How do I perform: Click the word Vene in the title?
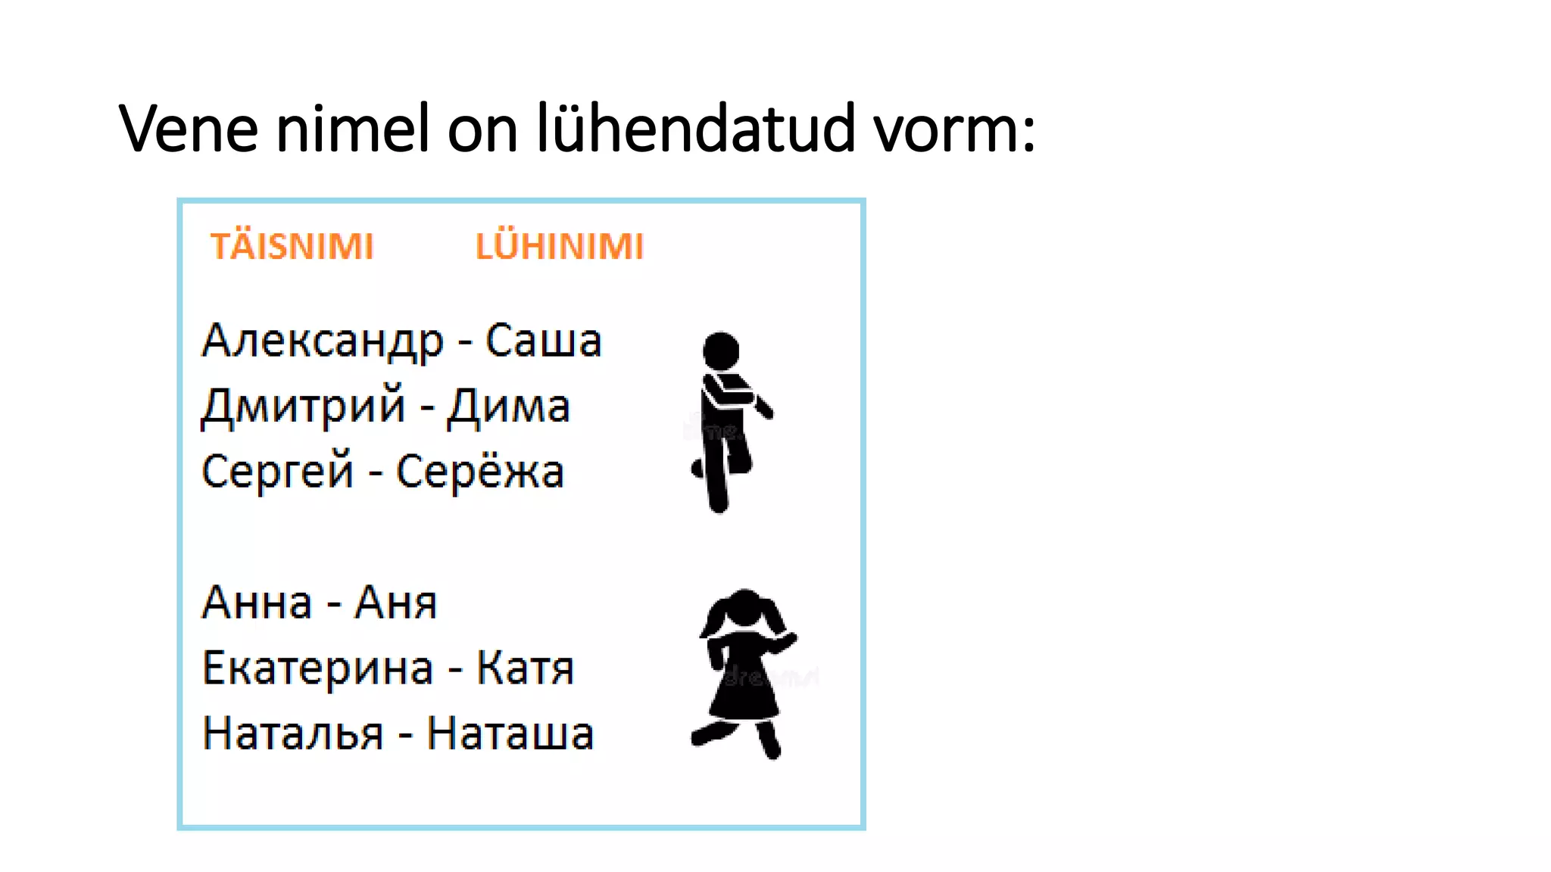[x=189, y=129]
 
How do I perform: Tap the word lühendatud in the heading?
[x=695, y=129]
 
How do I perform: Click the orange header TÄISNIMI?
[x=292, y=247]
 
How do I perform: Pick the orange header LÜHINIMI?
[x=560, y=247]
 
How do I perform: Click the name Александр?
[x=323, y=341]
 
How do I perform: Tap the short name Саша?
[x=543, y=341]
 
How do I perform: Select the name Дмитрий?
[x=304, y=406]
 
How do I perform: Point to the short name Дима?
[x=508, y=406]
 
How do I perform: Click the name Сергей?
[x=278, y=472]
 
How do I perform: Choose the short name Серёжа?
[x=480, y=472]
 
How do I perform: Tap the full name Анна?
[x=257, y=603]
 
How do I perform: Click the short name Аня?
[x=396, y=603]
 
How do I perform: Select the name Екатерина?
[x=318, y=669]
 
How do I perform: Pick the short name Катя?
[x=525, y=669]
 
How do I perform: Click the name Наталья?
[x=293, y=734]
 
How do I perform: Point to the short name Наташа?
[x=510, y=734]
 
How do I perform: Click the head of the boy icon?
[x=721, y=350]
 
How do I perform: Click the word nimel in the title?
[x=353, y=129]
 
